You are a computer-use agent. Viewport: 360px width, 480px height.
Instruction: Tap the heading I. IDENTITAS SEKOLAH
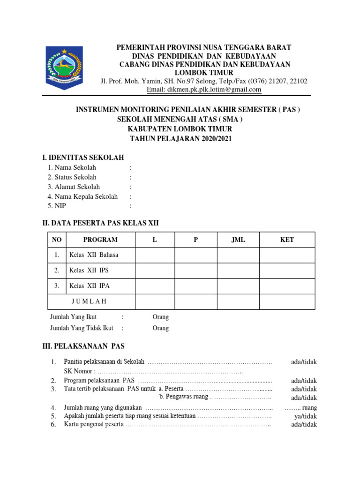tap(83, 157)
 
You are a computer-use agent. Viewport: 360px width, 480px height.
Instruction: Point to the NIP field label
tap(60, 206)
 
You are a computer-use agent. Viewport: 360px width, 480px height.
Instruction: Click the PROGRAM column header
tap(100, 240)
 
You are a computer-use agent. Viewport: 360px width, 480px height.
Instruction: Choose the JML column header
tap(238, 240)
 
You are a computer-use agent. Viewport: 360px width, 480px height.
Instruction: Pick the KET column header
tap(287, 240)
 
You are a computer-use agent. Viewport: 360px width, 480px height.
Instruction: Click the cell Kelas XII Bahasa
tap(94, 255)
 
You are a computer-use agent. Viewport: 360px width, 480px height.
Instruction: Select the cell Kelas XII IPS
tap(89, 270)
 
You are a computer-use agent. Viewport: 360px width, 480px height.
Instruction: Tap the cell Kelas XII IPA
tap(90, 285)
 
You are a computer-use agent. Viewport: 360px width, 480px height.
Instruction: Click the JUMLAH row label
tap(89, 301)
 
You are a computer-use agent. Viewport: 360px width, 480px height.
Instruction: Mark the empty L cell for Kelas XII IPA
tap(155, 286)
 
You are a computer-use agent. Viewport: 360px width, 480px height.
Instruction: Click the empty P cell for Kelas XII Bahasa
tap(196, 255)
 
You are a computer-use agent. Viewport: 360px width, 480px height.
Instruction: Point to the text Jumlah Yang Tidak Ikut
tap(82, 328)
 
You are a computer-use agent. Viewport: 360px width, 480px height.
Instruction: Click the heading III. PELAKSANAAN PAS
tap(83, 346)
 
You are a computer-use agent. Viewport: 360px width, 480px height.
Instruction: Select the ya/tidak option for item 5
tap(306, 416)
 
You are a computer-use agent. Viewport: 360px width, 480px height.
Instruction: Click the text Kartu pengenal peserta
tap(94, 425)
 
